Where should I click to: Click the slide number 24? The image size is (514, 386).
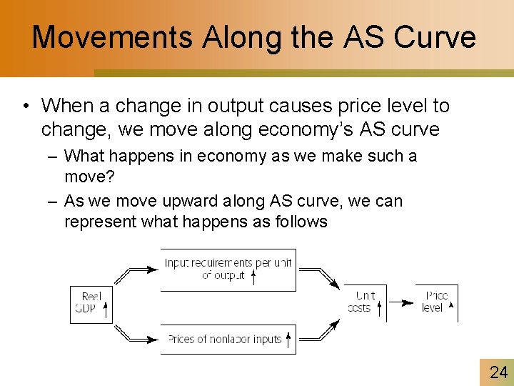point(498,372)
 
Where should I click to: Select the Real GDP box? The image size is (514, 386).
point(91,303)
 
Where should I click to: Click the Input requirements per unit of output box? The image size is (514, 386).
point(228,269)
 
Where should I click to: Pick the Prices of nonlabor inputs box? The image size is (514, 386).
point(228,339)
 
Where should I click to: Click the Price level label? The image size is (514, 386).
point(433,302)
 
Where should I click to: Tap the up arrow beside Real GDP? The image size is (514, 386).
point(106,309)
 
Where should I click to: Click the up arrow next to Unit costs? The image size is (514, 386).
point(379,308)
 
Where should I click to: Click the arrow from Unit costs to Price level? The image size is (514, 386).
point(403,302)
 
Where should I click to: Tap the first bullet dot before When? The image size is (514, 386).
point(25,107)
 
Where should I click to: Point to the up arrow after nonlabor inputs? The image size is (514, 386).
point(288,338)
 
